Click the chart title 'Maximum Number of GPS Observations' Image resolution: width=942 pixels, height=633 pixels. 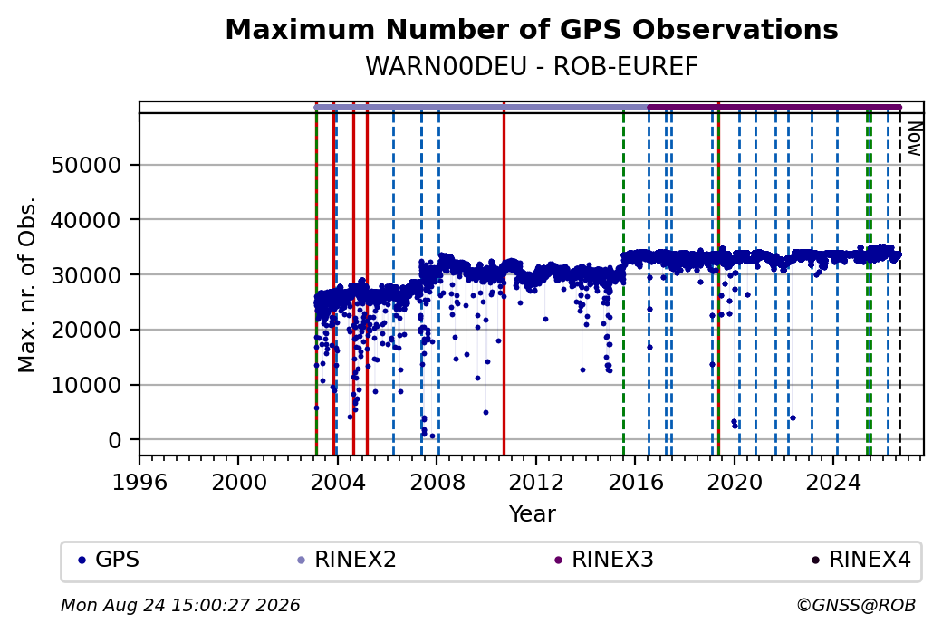click(x=532, y=29)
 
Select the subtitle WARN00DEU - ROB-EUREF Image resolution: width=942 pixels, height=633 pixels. click(x=532, y=67)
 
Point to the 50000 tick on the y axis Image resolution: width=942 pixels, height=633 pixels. click(x=87, y=165)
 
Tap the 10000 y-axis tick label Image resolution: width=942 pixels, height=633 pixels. click(x=87, y=385)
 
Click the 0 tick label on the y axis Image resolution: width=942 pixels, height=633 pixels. click(x=115, y=440)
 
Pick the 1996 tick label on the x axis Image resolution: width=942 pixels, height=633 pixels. click(x=139, y=483)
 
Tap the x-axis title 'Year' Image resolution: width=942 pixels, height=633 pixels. click(x=533, y=514)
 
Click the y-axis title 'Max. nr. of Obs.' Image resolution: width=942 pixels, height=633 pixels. click(x=27, y=284)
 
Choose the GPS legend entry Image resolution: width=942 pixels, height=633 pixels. click(x=110, y=560)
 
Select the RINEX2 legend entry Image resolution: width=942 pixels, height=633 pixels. click(x=347, y=560)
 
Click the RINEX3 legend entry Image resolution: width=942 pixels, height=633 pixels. click(x=604, y=560)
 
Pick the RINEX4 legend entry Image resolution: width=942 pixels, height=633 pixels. click(x=861, y=560)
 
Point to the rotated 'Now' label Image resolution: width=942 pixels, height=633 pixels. click(x=914, y=139)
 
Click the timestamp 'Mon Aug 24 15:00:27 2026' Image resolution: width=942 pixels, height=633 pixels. click(x=180, y=605)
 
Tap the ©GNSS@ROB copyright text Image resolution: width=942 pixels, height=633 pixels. click(x=856, y=605)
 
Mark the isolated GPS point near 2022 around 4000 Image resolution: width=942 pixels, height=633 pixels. click(x=793, y=417)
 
